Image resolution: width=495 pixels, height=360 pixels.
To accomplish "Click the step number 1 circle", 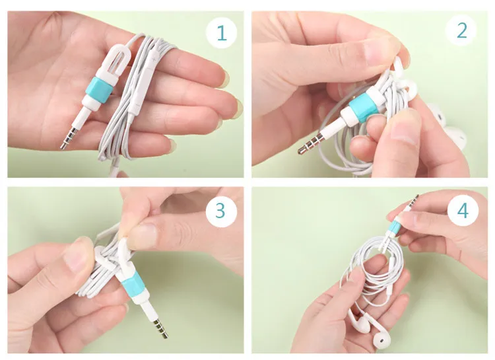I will click(222, 32).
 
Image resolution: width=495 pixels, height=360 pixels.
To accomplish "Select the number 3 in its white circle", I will click(221, 211).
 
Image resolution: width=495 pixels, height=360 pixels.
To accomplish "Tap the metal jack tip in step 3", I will click(159, 328).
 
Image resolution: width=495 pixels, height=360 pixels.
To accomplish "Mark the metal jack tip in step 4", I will click(414, 201).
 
